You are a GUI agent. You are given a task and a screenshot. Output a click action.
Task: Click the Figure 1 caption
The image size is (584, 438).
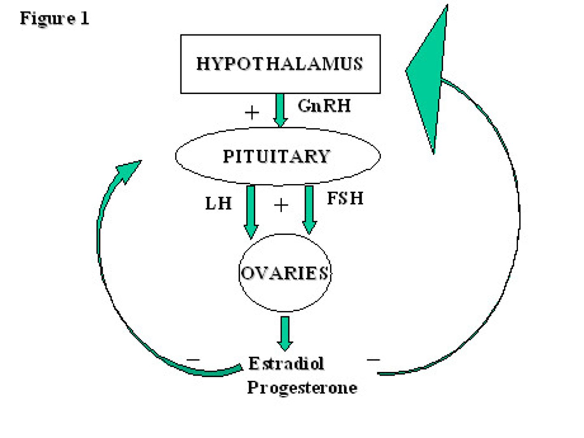(x=54, y=19)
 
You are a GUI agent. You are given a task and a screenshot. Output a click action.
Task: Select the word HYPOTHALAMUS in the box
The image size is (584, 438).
(x=279, y=64)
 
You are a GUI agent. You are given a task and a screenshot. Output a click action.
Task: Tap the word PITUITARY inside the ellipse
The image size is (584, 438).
(x=277, y=157)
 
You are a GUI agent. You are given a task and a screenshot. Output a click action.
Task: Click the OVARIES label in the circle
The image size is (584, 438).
(x=284, y=273)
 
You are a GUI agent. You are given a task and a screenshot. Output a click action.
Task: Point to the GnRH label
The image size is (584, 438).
(x=324, y=106)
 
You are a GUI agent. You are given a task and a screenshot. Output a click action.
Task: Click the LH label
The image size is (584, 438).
(x=218, y=203)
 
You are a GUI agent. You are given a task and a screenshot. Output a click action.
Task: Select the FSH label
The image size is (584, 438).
(x=345, y=198)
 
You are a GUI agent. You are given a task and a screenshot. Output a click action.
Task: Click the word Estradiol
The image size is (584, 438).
(x=286, y=363)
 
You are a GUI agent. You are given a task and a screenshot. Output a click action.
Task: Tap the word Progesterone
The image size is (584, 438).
(x=302, y=387)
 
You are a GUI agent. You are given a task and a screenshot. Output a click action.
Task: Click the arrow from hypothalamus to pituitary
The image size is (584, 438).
(x=280, y=109)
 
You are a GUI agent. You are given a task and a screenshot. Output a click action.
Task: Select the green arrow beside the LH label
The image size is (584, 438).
(x=251, y=211)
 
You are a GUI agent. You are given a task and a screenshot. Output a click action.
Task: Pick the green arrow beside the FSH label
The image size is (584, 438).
(x=309, y=209)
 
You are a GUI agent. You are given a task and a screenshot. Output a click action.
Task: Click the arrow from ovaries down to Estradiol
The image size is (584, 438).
(x=285, y=333)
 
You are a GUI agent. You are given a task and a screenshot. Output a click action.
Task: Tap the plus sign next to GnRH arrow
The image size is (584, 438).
(x=252, y=112)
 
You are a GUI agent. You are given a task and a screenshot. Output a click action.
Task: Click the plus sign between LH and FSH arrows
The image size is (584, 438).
(x=281, y=205)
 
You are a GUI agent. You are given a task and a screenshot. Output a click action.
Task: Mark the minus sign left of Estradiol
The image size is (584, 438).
(x=193, y=359)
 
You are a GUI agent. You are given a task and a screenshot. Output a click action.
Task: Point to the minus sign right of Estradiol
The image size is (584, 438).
(x=373, y=359)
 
